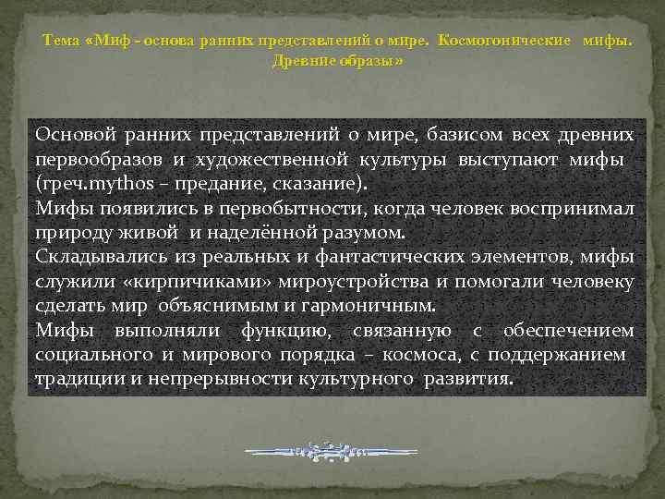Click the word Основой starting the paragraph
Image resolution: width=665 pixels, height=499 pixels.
coord(73,135)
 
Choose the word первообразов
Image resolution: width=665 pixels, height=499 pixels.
coord(85,159)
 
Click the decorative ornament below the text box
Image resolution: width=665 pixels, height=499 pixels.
coord(332,452)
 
